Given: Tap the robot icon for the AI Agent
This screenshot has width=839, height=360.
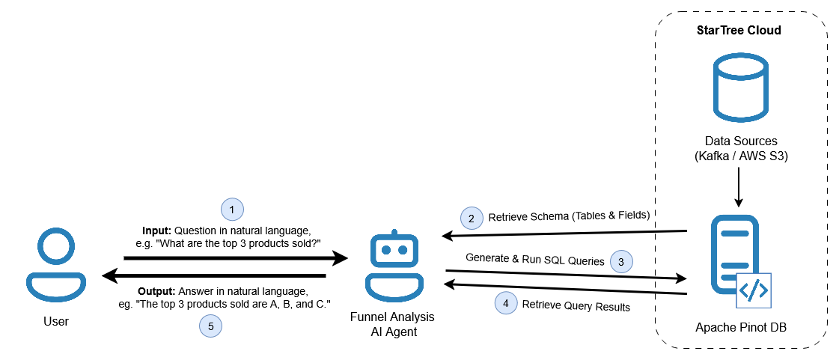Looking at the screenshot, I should click(x=391, y=266).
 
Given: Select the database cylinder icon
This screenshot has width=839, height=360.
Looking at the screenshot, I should click(x=740, y=88).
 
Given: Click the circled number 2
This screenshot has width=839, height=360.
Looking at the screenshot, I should click(x=471, y=219).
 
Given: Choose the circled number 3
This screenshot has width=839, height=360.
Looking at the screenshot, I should click(x=621, y=261).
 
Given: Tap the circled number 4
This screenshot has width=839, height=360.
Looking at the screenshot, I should click(x=506, y=304).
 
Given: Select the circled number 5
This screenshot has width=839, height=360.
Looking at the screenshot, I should click(x=211, y=326).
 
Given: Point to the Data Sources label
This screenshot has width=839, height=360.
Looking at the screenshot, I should click(x=740, y=141).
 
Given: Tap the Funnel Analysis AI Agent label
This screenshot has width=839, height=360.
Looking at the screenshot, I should click(x=391, y=324).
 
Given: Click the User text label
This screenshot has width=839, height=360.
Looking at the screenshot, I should click(x=56, y=322).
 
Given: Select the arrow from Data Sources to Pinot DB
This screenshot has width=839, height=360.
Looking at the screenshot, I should click(x=739, y=187).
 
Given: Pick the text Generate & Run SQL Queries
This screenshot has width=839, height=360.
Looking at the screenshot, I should click(x=534, y=259).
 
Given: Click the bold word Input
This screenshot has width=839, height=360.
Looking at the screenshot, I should click(x=157, y=229).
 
